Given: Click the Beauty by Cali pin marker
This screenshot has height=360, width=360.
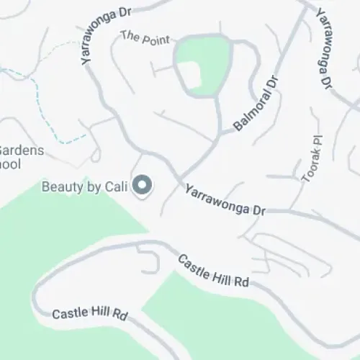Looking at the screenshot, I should click(143, 186).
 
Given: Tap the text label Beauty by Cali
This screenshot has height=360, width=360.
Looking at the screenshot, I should click(84, 186).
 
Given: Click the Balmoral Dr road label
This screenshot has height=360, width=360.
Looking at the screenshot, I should click(256, 107).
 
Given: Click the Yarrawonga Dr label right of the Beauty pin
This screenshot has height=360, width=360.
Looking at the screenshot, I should click(225, 201).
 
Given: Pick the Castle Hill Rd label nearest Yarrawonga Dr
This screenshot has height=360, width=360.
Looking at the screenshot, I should click(213, 271).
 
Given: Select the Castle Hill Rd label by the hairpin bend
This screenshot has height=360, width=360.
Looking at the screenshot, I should click(90, 315).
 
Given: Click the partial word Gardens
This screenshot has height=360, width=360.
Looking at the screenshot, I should click(21, 151).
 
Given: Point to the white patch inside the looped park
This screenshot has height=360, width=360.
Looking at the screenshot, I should click(190, 75).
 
